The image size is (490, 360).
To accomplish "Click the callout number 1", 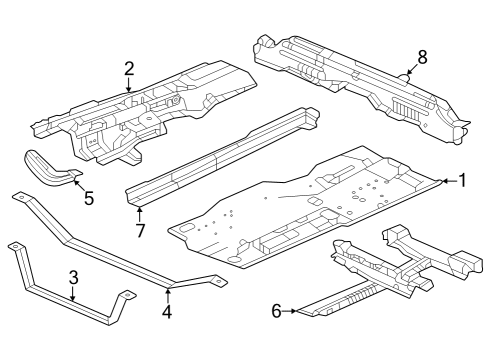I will pos(462,180).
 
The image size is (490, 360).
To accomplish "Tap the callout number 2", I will pos(129,68).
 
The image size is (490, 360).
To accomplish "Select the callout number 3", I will pos(73,277).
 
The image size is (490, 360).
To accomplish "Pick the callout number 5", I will pos(88,198).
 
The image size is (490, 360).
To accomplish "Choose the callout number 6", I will pos(277,311).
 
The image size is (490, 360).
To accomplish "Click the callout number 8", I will pos(421,57).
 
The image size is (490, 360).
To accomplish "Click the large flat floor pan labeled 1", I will pos(300,210).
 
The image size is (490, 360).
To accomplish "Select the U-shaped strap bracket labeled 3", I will pos(60,300).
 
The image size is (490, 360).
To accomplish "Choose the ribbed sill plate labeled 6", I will pos(350,297).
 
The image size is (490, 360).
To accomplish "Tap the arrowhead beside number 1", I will pos(443,180).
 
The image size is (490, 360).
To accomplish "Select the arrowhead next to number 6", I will pos(296,312).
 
